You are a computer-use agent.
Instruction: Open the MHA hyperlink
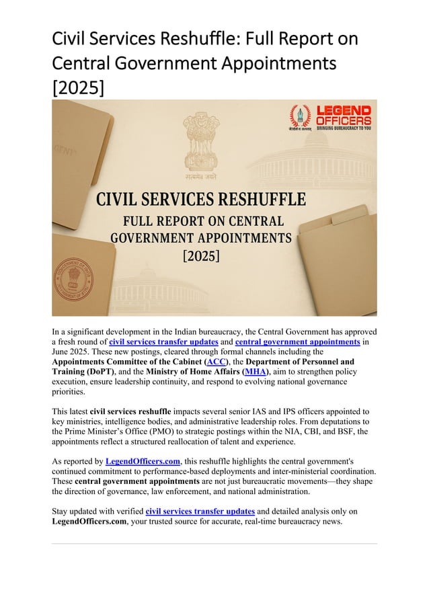(254, 371)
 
